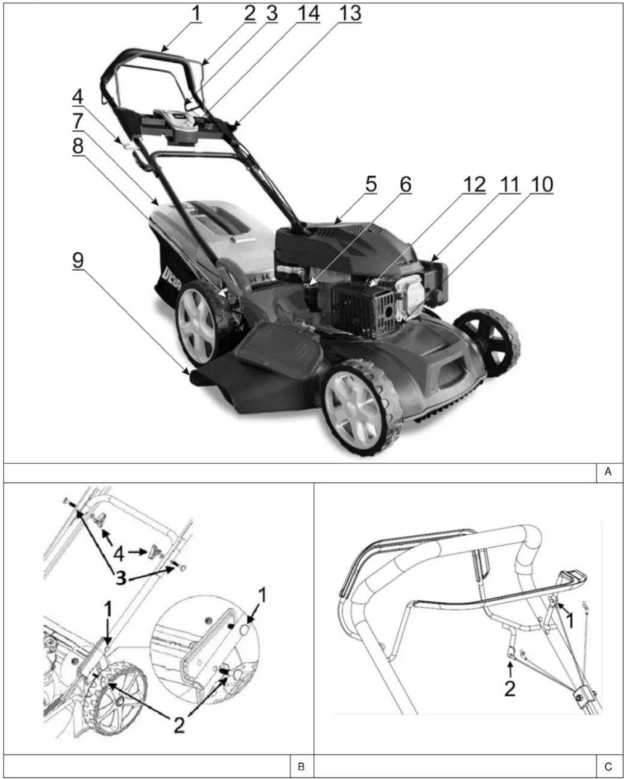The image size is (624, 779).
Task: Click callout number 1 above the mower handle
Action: coord(196,13)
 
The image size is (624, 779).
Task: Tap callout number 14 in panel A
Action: coord(308,13)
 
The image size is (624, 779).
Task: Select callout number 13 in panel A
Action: coord(350,13)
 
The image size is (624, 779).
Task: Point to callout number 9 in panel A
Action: coord(78,261)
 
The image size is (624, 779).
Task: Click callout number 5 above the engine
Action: coord(371,184)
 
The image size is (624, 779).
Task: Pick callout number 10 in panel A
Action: coord(542,184)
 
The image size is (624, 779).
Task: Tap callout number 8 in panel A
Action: coord(78,146)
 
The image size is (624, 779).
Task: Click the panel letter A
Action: coord(608,472)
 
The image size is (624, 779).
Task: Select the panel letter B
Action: coord(301,767)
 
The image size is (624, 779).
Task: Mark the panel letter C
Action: coord(608,767)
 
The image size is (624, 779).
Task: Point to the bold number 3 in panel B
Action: coord(120,578)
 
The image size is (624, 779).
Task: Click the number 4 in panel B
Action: coord(119,552)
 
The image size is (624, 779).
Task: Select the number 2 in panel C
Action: coord(510,689)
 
